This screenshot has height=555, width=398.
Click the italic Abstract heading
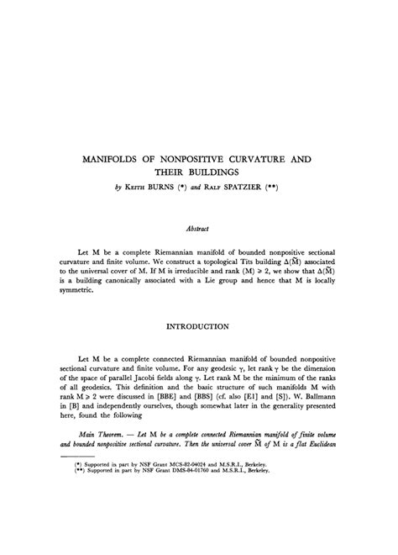click(199, 226)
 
